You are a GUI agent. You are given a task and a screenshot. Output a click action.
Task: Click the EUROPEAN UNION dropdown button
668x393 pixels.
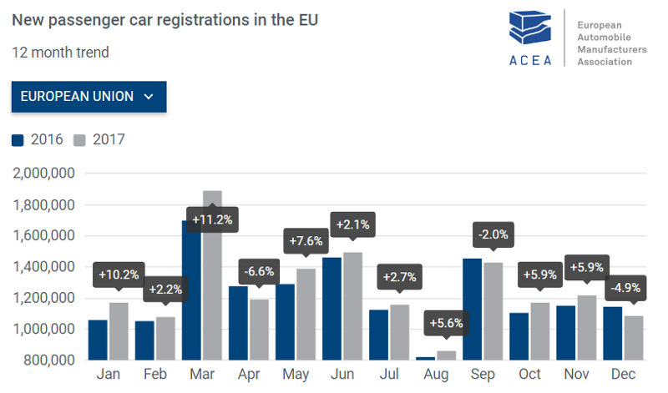89,97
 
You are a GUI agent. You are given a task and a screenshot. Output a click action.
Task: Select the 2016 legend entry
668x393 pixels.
38,139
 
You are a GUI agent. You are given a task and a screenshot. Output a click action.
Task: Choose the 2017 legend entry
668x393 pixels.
100,139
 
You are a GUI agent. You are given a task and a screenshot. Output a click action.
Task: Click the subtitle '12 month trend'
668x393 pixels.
60,53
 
